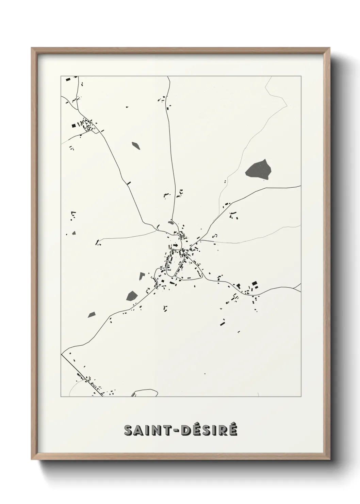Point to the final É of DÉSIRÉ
tap(232, 430)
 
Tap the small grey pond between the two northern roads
tap(136, 145)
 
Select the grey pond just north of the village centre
tap(171, 223)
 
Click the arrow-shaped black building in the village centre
tap(176, 245)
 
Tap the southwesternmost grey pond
tap(92, 315)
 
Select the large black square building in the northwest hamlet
tap(73, 126)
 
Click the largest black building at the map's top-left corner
tap(68, 79)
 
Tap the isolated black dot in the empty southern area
tap(205, 374)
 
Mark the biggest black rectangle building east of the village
tap(254, 283)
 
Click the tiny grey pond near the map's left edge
tap(74, 233)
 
